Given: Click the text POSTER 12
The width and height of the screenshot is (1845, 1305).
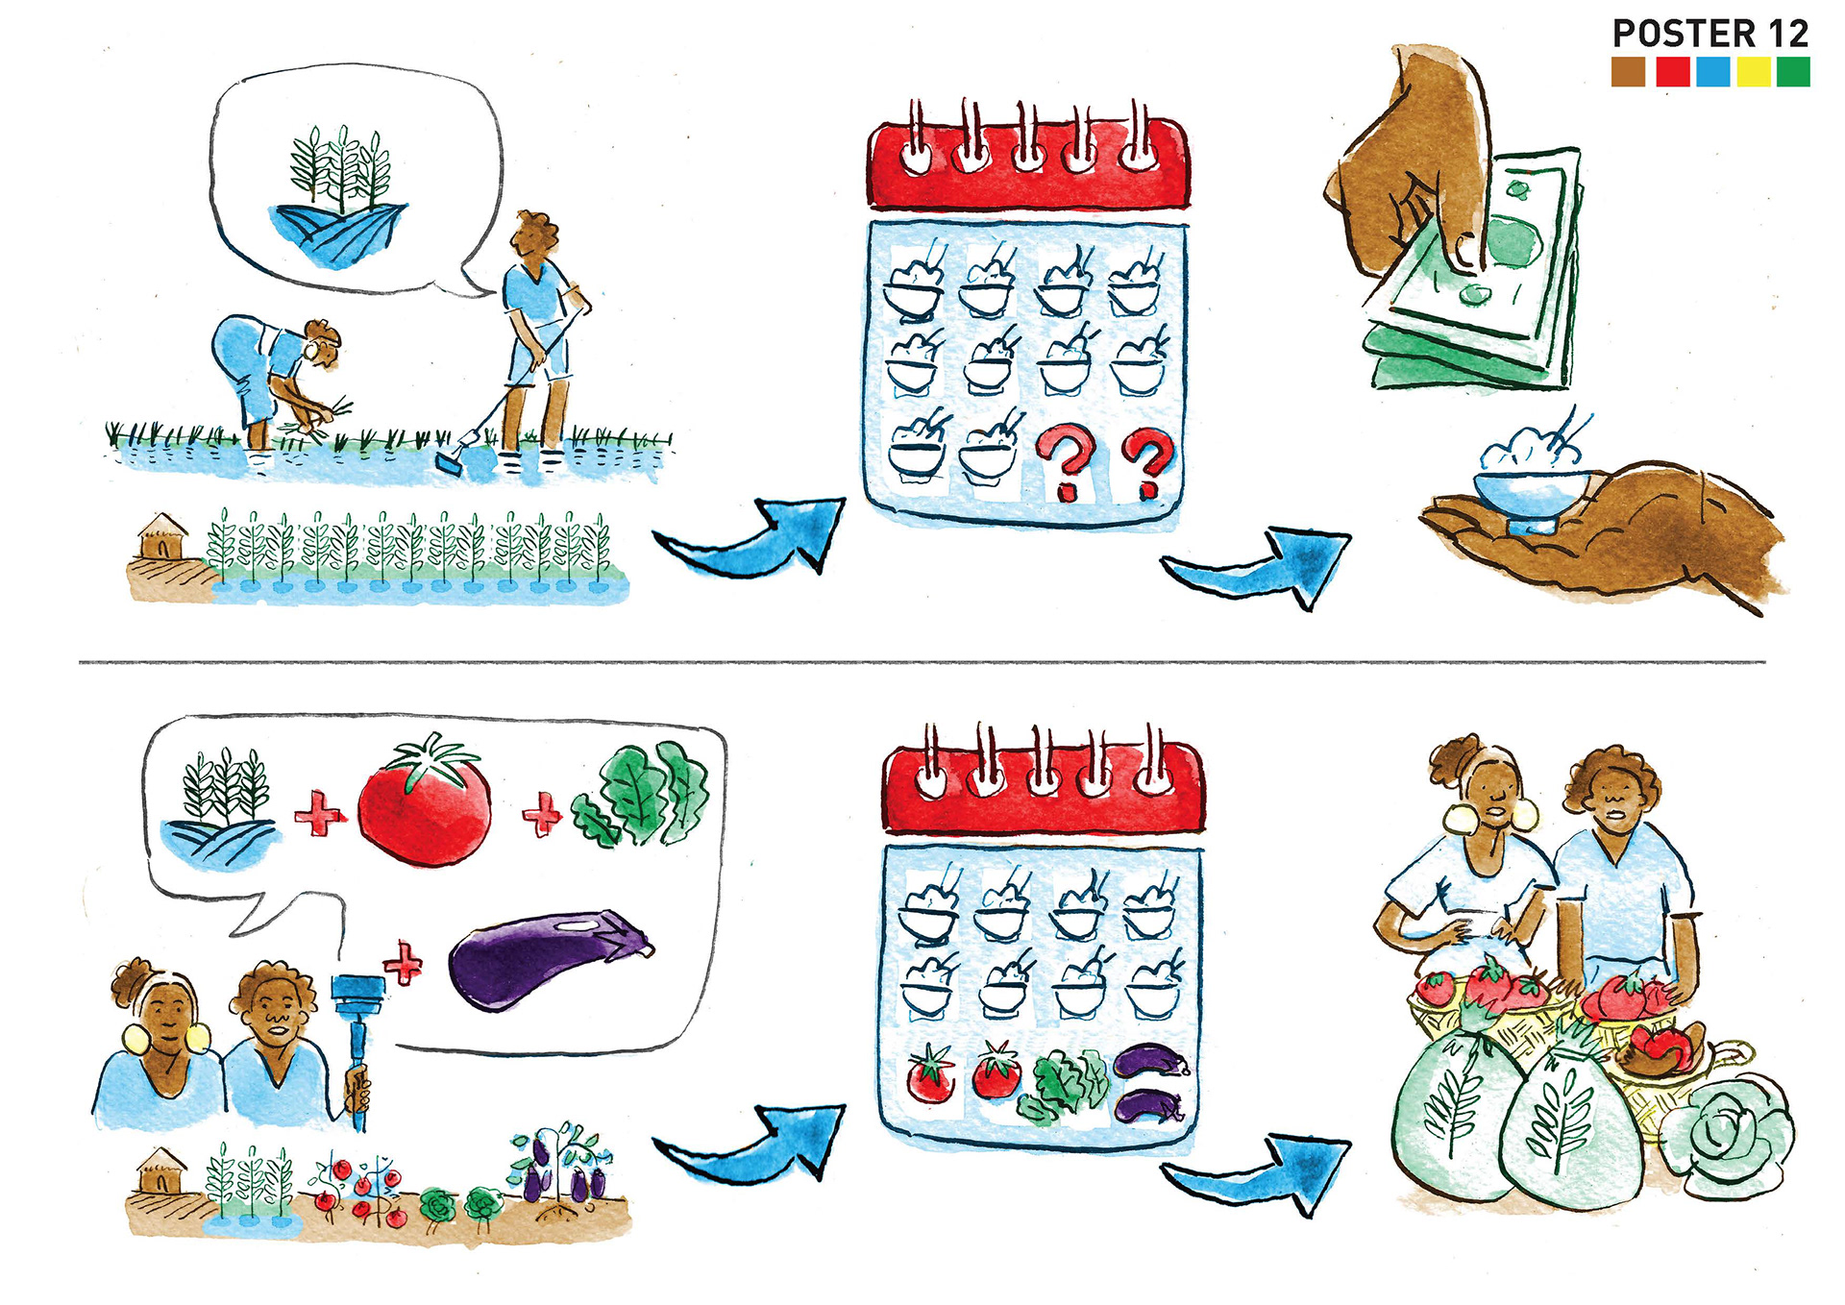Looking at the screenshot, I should tap(1710, 34).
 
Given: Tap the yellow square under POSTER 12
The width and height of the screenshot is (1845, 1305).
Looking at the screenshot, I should tap(1753, 72).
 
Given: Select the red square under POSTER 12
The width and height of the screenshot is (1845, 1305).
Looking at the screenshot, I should tap(1672, 72).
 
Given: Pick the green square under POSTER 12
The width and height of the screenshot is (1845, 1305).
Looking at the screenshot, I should tap(1793, 72).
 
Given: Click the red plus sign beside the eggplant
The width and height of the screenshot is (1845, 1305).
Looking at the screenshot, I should tap(403, 964).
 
